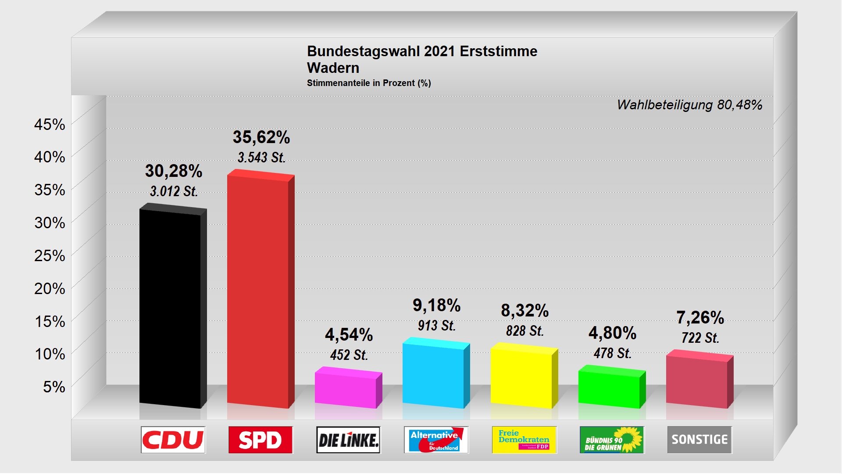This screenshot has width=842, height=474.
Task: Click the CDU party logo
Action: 173,440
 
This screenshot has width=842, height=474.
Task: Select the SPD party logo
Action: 260,440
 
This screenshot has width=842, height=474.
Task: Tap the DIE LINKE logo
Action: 348,440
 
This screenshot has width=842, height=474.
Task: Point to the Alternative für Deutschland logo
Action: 436,440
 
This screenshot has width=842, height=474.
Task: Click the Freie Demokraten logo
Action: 524,440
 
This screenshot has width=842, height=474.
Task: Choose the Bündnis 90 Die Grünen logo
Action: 612,440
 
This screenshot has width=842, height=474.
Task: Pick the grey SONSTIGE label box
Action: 699,440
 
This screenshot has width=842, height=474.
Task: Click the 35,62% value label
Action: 261,137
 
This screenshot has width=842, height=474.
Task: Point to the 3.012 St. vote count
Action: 174,191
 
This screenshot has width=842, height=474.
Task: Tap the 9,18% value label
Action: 437,305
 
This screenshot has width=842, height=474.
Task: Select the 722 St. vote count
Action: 700,338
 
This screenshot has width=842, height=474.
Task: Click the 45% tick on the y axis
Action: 50,125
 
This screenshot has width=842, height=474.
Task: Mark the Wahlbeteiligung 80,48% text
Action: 689,105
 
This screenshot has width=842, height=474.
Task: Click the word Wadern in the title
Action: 333,68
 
